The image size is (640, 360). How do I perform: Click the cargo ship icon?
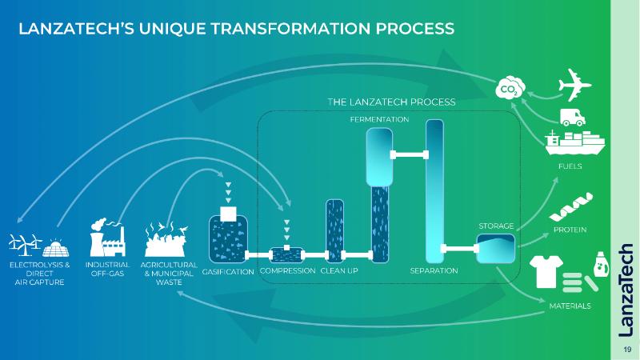click(x=574, y=142)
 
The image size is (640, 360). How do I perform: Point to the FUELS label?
click(x=570, y=166)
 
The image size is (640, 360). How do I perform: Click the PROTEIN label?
click(x=570, y=230)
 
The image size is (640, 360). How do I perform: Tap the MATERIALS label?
click(x=570, y=306)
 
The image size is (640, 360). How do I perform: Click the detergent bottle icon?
click(x=598, y=262)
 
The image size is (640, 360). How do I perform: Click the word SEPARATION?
click(x=434, y=271)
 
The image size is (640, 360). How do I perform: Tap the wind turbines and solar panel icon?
click(x=35, y=243)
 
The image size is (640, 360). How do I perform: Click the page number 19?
click(x=626, y=350)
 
